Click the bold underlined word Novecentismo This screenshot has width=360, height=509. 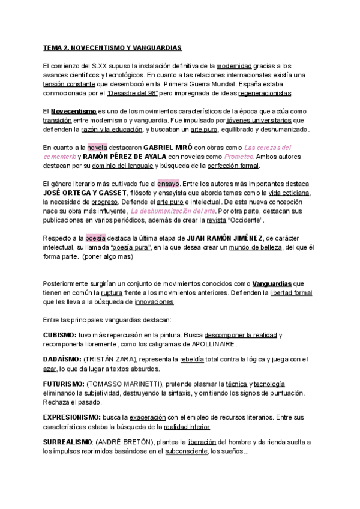(x=74, y=111)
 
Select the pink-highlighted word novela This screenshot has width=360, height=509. (x=97, y=147)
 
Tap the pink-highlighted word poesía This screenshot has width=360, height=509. (x=95, y=238)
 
